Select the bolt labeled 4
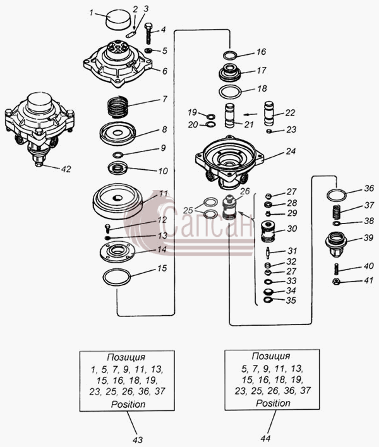click(x=149, y=33)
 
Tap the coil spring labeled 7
click(x=117, y=107)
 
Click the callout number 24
click(x=291, y=151)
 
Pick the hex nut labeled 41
click(x=337, y=282)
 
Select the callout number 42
click(x=66, y=169)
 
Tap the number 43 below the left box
click(x=138, y=440)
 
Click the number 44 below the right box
click(x=265, y=438)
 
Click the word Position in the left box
click(x=128, y=404)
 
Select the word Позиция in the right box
click(x=271, y=356)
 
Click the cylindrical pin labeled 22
click(x=269, y=113)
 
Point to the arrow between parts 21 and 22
click(x=251, y=115)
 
